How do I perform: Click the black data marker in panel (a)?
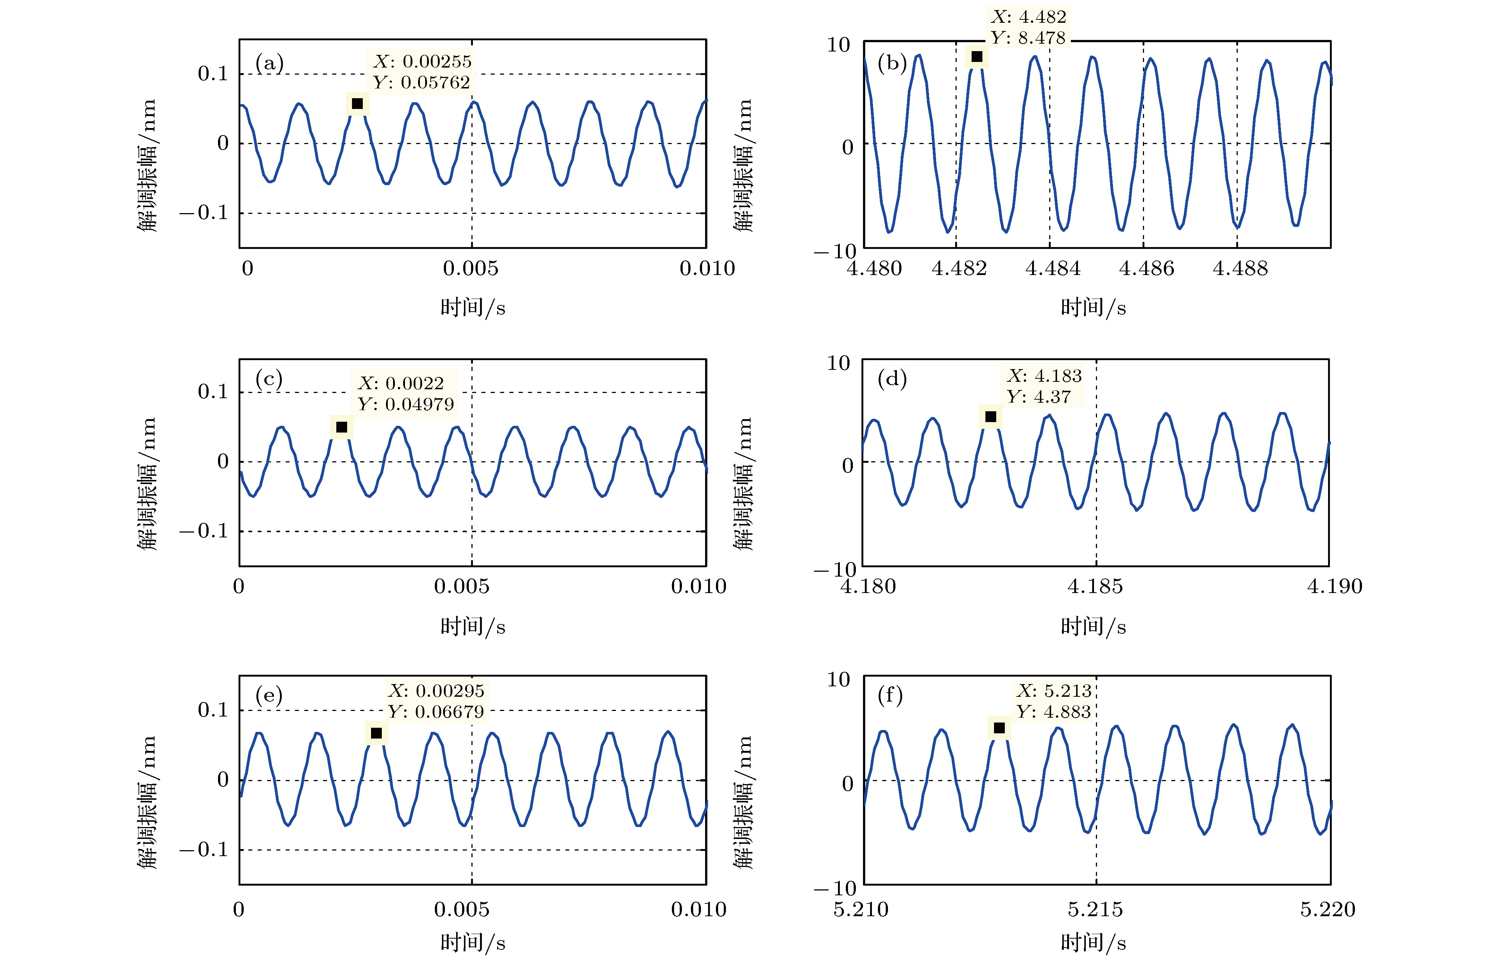(357, 104)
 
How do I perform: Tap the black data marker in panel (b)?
(977, 57)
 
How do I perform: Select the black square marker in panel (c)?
(342, 427)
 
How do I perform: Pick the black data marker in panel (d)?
(990, 417)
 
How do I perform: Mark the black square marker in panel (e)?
(376, 733)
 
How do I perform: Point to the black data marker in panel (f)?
(999, 728)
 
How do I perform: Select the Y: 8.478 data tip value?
(1028, 38)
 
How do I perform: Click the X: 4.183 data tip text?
(1044, 376)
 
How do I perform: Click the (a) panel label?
(269, 63)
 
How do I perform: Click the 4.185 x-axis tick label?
(1095, 587)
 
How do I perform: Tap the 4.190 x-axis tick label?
(1335, 587)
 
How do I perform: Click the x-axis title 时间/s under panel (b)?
(1093, 308)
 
